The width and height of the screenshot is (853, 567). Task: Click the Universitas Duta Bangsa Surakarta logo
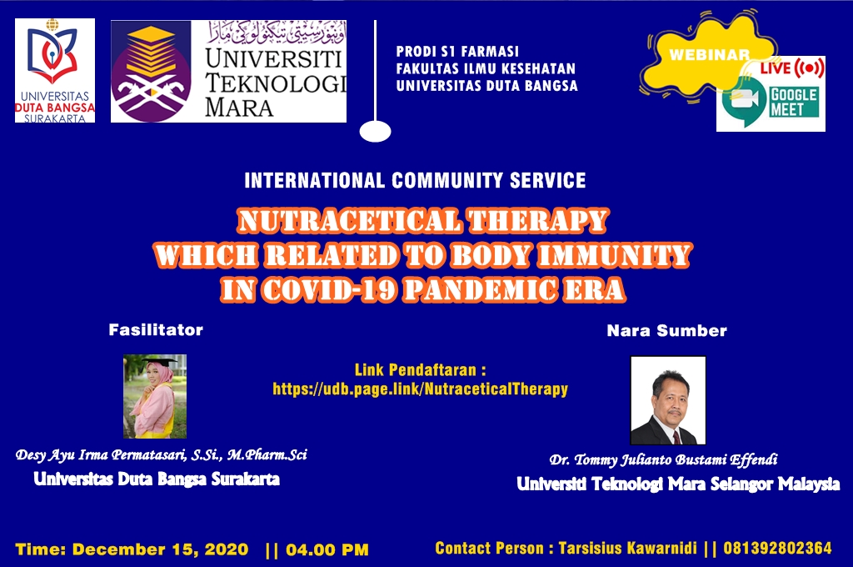55,71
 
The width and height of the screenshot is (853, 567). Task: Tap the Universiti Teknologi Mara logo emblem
152,72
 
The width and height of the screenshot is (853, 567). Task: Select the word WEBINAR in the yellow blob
709,55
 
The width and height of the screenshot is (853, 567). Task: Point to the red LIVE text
776,68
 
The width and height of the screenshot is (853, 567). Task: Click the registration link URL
420,389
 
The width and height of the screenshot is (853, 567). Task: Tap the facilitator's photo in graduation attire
155,396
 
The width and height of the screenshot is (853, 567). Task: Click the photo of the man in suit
668,400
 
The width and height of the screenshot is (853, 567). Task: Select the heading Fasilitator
156,330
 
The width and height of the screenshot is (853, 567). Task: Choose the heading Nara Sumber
667,331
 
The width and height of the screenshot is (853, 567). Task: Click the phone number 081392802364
777,548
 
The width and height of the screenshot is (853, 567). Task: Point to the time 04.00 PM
327,549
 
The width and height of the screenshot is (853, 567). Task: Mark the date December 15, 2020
161,549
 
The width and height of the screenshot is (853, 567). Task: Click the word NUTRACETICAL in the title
349,221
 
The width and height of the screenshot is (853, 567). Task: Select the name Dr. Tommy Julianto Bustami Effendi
663,459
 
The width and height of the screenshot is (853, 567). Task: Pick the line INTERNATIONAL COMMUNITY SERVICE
415,180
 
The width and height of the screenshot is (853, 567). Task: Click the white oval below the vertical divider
376,131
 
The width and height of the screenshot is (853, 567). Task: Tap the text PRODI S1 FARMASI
457,51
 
